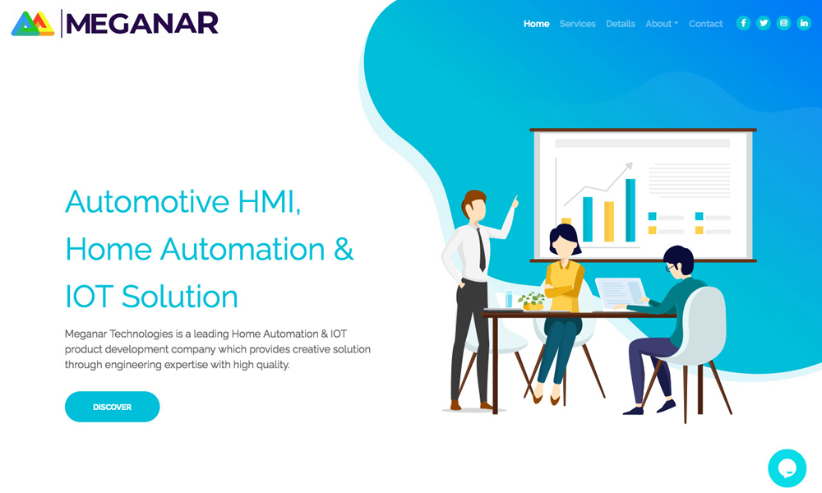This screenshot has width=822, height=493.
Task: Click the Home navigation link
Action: [x=536, y=24]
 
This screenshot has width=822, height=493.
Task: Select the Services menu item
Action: [x=577, y=24]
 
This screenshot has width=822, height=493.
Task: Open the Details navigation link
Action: [x=620, y=24]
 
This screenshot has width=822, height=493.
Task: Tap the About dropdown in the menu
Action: [x=662, y=24]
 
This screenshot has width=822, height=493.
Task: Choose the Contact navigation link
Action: [x=705, y=24]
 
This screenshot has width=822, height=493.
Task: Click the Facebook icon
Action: [x=743, y=23]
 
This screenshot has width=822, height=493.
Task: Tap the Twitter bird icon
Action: [x=764, y=23]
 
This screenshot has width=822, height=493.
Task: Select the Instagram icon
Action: [x=783, y=23]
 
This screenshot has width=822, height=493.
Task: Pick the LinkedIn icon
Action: [x=804, y=23]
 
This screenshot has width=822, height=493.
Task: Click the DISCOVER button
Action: [x=112, y=407]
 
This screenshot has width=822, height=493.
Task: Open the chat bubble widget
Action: [x=787, y=468]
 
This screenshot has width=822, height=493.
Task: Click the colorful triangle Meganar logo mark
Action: [x=33, y=24]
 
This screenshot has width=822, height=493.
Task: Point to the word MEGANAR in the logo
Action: [x=142, y=24]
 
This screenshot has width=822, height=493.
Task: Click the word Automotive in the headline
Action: [x=147, y=201]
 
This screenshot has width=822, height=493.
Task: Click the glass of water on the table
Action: [x=509, y=298]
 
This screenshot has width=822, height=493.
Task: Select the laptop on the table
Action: [x=621, y=293]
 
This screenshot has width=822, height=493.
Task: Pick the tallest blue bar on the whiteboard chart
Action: [x=630, y=210]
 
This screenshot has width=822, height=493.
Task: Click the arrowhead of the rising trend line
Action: [x=629, y=166]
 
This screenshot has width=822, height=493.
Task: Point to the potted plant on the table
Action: [x=532, y=302]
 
